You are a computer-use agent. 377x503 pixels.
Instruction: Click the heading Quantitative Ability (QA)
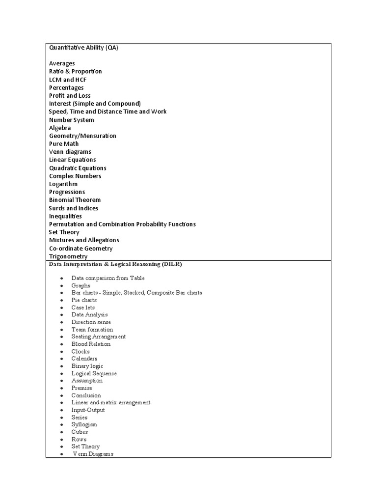click(83, 48)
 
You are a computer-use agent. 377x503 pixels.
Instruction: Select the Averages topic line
click(62, 63)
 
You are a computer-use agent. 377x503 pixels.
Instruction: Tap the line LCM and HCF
click(68, 80)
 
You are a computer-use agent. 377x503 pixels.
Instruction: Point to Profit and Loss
click(70, 95)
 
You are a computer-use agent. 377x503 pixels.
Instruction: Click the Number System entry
click(71, 120)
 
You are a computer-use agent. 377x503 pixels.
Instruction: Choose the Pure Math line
click(64, 144)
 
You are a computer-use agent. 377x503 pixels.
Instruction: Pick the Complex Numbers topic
click(75, 176)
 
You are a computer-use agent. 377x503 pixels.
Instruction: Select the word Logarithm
click(63, 184)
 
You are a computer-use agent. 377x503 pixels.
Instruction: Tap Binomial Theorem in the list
click(75, 200)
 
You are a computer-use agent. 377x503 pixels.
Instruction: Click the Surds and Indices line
click(74, 208)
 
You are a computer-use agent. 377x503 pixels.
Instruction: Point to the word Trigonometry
click(68, 256)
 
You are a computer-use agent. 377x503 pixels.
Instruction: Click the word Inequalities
click(65, 216)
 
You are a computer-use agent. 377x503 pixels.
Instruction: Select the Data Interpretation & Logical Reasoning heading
click(115, 264)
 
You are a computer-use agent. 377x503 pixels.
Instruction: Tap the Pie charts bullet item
click(84, 300)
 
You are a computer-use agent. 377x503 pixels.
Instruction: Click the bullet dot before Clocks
click(61, 352)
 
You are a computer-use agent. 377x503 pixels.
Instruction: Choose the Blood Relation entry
click(91, 344)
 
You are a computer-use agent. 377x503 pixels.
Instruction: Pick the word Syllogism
click(84, 424)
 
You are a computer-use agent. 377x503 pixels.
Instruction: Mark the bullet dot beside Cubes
click(61, 432)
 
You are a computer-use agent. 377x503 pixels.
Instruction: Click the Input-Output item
click(88, 410)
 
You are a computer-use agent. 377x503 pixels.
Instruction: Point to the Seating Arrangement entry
click(98, 336)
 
